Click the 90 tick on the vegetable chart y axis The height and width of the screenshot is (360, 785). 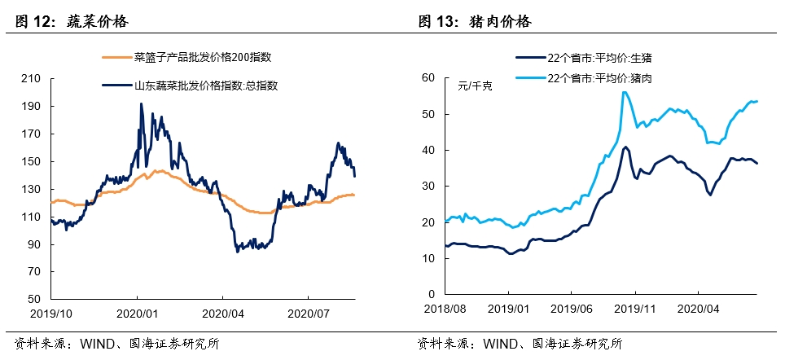35,244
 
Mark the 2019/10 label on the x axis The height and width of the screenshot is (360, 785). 50,312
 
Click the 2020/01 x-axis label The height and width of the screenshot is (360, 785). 137,312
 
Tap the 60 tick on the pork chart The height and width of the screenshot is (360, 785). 430,78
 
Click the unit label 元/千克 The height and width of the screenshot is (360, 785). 475,84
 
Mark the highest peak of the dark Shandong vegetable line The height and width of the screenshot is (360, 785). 141,103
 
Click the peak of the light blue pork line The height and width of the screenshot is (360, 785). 624,92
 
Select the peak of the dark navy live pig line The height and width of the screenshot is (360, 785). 625,147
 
